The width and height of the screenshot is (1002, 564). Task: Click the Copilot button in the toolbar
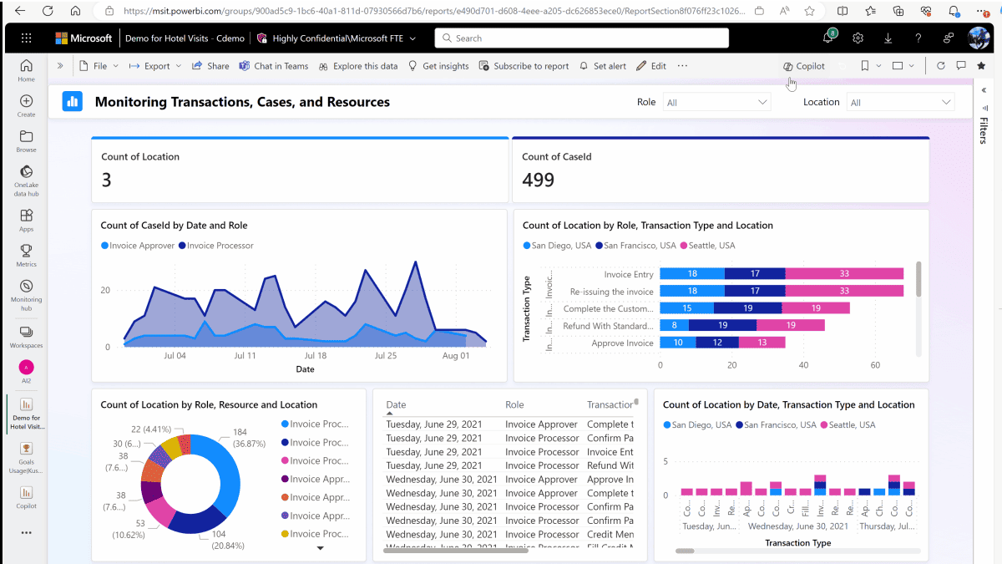804,66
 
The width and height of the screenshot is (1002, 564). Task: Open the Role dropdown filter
716,102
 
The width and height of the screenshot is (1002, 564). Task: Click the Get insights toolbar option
438,66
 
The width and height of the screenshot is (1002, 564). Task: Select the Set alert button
603,66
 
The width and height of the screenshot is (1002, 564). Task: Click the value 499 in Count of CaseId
538,180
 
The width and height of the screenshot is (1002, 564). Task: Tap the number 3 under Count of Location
106,180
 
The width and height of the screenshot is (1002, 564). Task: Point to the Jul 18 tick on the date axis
315,355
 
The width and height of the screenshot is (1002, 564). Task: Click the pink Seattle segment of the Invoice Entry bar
844,274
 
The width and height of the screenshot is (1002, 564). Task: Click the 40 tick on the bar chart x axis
803,365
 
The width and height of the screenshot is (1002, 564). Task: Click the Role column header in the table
514,404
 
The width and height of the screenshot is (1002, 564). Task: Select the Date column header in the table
396,404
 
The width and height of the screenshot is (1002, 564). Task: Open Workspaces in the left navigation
26,336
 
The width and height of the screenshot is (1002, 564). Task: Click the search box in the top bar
581,38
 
